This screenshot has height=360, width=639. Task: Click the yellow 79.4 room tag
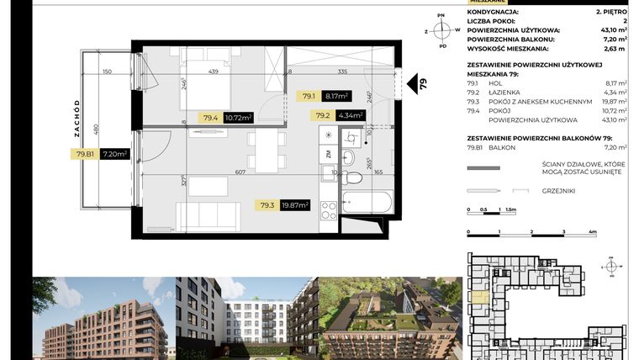pyautogui.click(x=210, y=118)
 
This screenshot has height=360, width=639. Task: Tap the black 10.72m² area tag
pyautogui.click(x=237, y=118)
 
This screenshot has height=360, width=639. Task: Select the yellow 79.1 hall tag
pyautogui.click(x=309, y=97)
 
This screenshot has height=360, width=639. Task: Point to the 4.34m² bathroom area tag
pyautogui.click(x=350, y=116)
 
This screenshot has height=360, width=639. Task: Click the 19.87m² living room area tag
pyautogui.click(x=295, y=204)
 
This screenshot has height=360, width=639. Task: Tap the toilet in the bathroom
pyautogui.click(x=355, y=177)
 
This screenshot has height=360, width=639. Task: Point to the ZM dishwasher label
pyautogui.click(x=327, y=155)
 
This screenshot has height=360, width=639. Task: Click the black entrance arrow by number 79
pyautogui.click(x=413, y=83)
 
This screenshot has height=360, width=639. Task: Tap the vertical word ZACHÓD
pyautogui.click(x=77, y=119)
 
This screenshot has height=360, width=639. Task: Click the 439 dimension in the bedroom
pyautogui.click(x=214, y=71)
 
